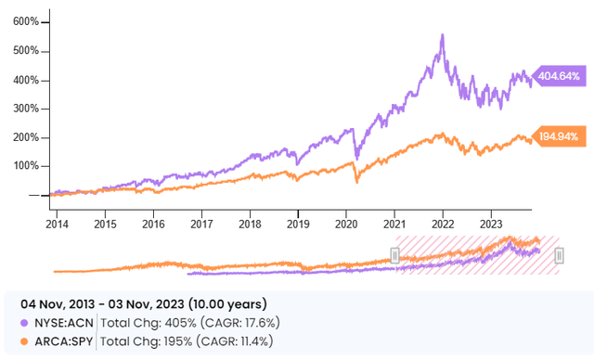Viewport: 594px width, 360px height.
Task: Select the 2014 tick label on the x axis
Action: [x=58, y=224]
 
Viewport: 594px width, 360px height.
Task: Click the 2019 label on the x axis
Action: [x=296, y=224]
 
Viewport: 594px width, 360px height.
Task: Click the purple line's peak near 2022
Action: [x=442, y=35]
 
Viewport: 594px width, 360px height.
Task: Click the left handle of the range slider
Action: [x=394, y=255]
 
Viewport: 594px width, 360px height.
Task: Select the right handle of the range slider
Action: [x=559, y=255]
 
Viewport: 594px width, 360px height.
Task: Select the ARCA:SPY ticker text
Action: [x=62, y=341]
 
